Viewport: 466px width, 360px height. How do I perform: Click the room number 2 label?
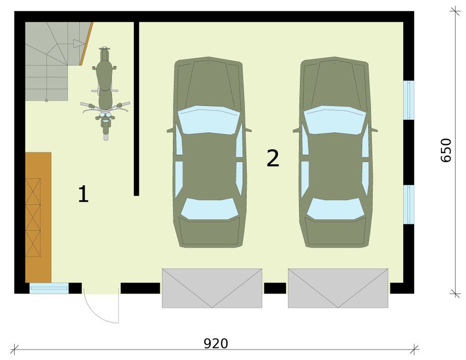[273, 158]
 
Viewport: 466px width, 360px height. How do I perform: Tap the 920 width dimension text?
[216, 343]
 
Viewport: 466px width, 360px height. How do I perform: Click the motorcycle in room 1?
[105, 93]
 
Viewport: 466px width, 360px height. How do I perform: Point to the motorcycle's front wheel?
[106, 131]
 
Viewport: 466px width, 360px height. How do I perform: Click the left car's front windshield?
[208, 120]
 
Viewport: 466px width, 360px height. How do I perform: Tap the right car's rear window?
[335, 209]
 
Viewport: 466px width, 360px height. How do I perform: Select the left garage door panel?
[212, 288]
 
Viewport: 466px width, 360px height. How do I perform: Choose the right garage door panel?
[338, 288]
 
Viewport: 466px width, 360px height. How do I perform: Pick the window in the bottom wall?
[49, 288]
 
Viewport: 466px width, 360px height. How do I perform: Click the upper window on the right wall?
[409, 100]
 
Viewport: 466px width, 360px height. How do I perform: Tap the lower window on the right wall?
[409, 204]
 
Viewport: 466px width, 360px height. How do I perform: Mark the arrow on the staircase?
[79, 44]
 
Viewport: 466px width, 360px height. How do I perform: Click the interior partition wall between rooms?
[137, 109]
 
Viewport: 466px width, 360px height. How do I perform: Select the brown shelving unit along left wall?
[38, 217]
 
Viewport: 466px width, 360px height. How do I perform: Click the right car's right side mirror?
[374, 130]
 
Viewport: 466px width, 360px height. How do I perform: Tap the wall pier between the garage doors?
[275, 288]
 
